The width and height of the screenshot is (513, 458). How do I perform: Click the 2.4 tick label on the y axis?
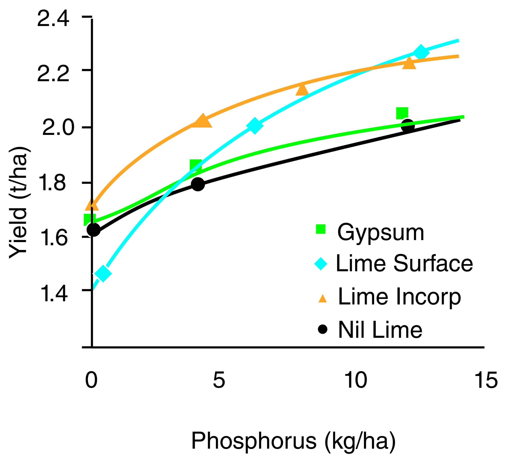tap(53, 19)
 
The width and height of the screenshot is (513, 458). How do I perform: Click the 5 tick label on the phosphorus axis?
tap(219, 380)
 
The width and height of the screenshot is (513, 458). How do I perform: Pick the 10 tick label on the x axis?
tap(355, 380)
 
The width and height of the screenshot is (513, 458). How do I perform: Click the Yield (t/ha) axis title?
tap(18, 203)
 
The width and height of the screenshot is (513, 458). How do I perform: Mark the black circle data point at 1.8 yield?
tap(198, 184)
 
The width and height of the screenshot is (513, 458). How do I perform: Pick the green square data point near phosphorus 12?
tap(402, 113)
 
